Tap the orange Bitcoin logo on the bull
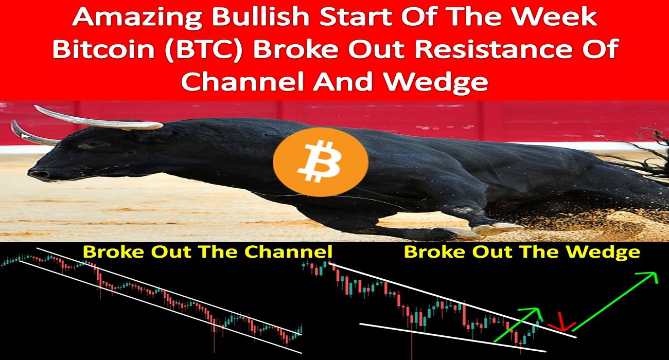click(320, 161)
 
